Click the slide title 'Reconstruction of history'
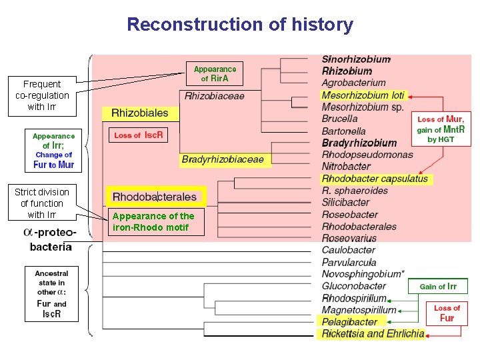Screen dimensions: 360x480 [x=240, y=25]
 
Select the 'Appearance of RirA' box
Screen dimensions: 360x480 [x=215, y=73]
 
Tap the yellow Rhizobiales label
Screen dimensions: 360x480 [x=139, y=113]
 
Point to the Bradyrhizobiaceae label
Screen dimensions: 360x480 [x=223, y=159]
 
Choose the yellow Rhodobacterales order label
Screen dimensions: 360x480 [x=154, y=197]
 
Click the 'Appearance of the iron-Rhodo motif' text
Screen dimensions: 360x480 [x=153, y=221]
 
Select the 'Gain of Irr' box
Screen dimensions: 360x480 [x=438, y=287]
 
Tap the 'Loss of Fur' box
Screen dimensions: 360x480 [x=447, y=313]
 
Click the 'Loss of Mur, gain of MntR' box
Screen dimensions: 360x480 [x=441, y=129]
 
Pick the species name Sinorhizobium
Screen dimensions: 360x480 [x=356, y=59]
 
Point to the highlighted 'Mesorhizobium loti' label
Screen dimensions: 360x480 [x=363, y=95]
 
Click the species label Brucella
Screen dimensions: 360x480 [x=339, y=119]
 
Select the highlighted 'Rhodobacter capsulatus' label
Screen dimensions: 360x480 [x=375, y=179]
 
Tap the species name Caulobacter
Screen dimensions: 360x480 [x=348, y=250]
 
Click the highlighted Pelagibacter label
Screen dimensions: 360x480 [x=349, y=322]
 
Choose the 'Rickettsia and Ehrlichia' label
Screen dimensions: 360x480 [x=373, y=334]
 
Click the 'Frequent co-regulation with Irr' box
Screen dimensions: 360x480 [x=41, y=95]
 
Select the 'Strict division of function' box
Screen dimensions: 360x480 [x=41, y=203]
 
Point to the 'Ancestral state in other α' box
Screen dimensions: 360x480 [x=51, y=293]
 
